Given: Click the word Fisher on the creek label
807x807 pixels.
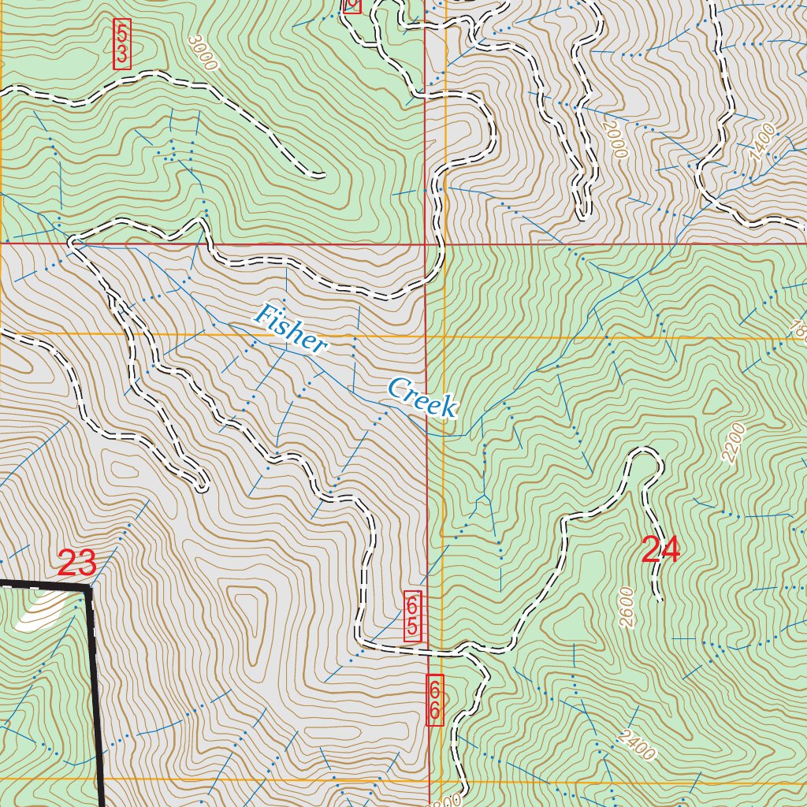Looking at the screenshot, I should click(290, 328).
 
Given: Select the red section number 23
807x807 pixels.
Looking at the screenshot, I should click(77, 563).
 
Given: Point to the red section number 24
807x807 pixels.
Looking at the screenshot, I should click(660, 550).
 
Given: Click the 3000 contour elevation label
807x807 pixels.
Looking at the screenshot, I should click(203, 53).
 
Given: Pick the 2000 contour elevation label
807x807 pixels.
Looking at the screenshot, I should click(614, 138).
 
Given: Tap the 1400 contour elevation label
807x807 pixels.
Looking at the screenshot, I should click(762, 142).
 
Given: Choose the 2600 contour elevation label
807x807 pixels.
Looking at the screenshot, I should click(627, 607).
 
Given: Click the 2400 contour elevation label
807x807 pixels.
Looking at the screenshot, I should click(637, 746).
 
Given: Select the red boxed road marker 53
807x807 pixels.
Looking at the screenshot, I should click(122, 44).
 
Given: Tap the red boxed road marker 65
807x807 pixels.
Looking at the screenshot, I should click(412, 615).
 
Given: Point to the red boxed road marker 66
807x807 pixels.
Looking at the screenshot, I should click(434, 700).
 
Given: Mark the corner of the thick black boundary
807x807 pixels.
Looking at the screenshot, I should click(88, 587).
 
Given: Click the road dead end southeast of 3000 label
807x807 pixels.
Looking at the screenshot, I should click(322, 174).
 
